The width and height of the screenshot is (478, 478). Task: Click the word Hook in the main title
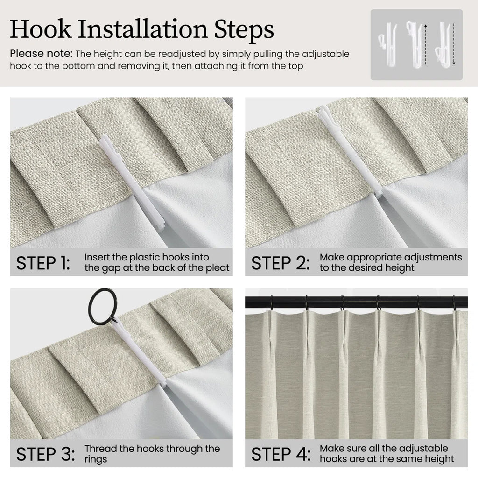[41, 29]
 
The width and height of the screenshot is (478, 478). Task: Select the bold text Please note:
[41, 54]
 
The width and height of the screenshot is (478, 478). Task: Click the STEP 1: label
[43, 263]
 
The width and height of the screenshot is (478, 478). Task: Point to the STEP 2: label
[280, 263]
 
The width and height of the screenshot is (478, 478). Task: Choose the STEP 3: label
[45, 454]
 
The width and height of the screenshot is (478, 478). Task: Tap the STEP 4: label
[281, 454]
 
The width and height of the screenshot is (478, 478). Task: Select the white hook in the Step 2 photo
[349, 152]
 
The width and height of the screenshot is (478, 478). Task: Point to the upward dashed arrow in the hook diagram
[426, 44]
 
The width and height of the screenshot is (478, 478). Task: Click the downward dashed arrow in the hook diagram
[454, 44]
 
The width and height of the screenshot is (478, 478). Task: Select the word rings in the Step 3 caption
[96, 459]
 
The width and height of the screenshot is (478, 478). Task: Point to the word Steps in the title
[244, 29]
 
